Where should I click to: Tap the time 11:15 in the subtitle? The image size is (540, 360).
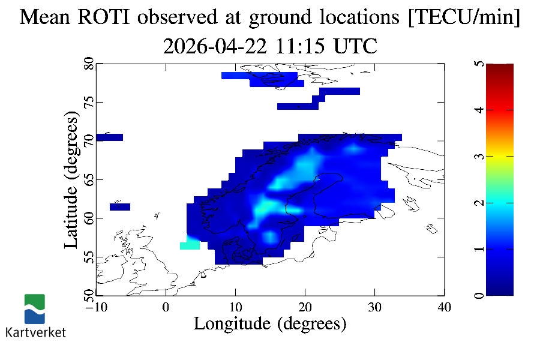point(300,46)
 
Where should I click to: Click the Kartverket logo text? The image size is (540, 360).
point(35,332)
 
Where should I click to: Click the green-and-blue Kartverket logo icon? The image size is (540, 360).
point(35,308)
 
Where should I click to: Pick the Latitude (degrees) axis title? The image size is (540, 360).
point(71,181)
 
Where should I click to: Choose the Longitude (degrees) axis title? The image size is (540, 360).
point(270,324)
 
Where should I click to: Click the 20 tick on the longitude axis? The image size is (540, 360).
point(305,307)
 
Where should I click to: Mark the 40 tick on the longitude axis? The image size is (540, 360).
point(444,307)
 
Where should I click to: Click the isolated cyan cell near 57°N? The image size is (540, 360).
point(190,245)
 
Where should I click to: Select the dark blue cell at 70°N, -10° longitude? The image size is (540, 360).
point(109,137)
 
